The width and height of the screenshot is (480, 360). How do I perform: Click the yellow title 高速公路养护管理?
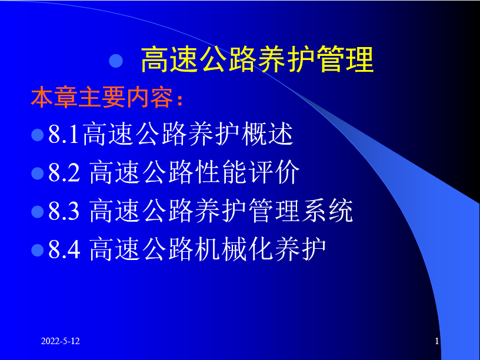[x=257, y=59]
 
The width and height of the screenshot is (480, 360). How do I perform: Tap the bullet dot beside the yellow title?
[x=116, y=61]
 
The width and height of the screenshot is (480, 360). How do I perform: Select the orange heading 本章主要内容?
[x=104, y=97]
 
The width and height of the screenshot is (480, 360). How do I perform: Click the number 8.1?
[x=64, y=134]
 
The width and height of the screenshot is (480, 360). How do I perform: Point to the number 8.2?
[x=64, y=172]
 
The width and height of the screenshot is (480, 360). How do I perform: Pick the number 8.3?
[x=64, y=211]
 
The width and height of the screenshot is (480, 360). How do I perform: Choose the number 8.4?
[x=64, y=249]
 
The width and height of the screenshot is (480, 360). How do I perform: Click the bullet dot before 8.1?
[x=38, y=135]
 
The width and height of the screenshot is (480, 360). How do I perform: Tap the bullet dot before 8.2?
[x=38, y=173]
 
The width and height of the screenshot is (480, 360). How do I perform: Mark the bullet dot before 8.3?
[x=38, y=212]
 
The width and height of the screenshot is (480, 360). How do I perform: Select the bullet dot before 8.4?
[x=38, y=250]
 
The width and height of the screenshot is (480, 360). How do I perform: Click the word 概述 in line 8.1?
[x=267, y=134]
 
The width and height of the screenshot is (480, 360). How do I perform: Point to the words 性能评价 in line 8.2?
[x=246, y=172]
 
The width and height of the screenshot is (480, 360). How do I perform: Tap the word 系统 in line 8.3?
[x=327, y=211]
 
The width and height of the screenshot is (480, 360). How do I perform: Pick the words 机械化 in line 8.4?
[x=234, y=249]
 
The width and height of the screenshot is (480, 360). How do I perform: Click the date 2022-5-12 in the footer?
[x=61, y=341]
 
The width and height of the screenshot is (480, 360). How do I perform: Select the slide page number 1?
[x=437, y=341]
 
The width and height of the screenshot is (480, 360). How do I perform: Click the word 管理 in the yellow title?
[x=345, y=59]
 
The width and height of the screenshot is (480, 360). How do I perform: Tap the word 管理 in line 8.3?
[x=274, y=211]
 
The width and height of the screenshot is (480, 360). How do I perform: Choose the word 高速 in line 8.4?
[x=115, y=249]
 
